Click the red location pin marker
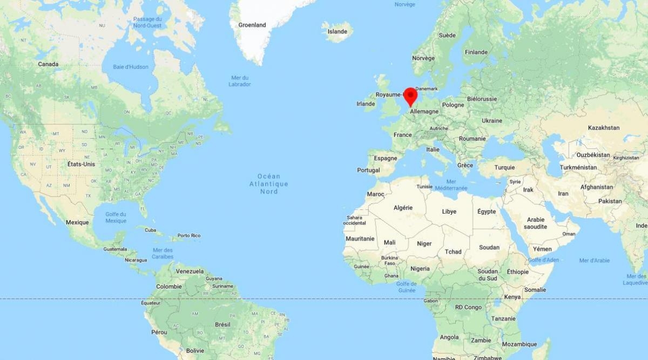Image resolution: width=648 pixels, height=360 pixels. click(x=410, y=96)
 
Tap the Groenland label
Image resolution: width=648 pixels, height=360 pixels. click(x=252, y=25)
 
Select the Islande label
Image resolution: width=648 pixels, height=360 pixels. click(x=337, y=31)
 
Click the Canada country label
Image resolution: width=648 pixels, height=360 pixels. click(x=48, y=64)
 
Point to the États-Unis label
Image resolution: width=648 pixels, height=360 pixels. click(x=81, y=164)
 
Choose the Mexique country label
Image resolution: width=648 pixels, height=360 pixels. click(x=77, y=222)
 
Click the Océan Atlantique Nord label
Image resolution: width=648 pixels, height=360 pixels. click(x=269, y=184)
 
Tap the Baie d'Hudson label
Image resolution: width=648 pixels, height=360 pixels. click(x=131, y=67)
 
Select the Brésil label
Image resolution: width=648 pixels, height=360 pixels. click(x=222, y=324)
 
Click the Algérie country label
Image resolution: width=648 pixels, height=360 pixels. click(x=403, y=208)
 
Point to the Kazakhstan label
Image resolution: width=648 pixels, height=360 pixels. click(x=604, y=128)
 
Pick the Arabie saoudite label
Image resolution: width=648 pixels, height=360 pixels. click(x=536, y=223)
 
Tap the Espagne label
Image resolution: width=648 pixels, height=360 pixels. click(x=386, y=158)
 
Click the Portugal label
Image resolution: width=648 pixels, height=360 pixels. click(x=368, y=170)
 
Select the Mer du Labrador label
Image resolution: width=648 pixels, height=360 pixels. click(x=239, y=81)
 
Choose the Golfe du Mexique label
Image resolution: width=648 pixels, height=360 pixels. click(x=116, y=218)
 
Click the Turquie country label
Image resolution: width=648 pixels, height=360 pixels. click(x=504, y=167)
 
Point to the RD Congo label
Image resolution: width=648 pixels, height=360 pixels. click(x=468, y=307)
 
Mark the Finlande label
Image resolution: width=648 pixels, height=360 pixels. click(x=476, y=52)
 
